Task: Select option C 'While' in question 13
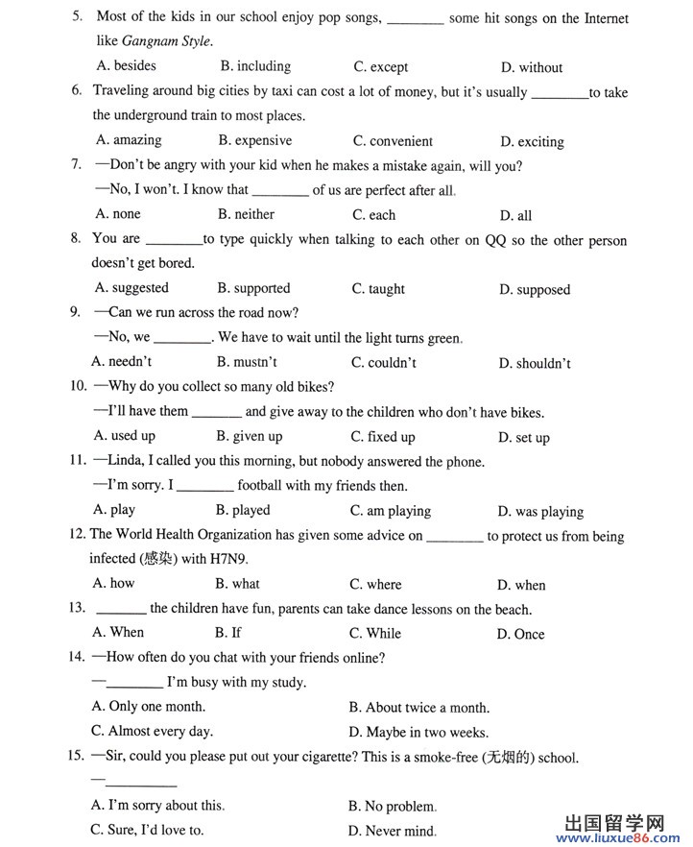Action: [375, 633]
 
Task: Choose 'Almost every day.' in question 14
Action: [152, 732]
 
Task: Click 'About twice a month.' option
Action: [418, 708]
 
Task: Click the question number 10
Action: [79, 387]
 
